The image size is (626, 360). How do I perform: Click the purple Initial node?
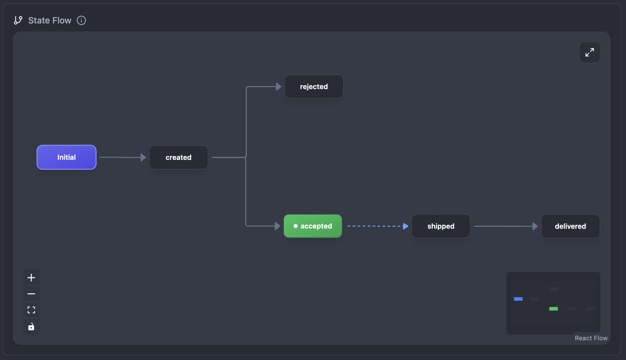tap(66, 157)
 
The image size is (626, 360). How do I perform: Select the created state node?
tap(178, 157)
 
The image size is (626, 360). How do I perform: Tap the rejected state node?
tap(314, 87)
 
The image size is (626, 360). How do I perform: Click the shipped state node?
tap(441, 226)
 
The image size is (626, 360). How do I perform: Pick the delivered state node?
tap(570, 226)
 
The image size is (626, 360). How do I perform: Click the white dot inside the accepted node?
tap(295, 226)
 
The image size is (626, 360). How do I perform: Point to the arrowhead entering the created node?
tap(143, 157)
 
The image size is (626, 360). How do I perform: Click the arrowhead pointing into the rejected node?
tap(279, 87)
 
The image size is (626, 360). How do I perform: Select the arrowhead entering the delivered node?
tap(535, 226)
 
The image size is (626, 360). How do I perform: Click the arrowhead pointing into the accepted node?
tap(278, 226)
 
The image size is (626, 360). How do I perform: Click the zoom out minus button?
tap(31, 294)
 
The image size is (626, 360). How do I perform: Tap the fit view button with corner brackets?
tap(31, 310)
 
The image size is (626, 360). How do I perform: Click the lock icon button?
tap(31, 327)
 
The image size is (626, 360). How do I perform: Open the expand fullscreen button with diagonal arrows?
tap(589, 52)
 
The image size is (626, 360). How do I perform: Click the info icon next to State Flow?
tap(81, 20)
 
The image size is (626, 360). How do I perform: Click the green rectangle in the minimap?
tap(553, 309)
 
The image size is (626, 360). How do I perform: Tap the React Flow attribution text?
tap(591, 338)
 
